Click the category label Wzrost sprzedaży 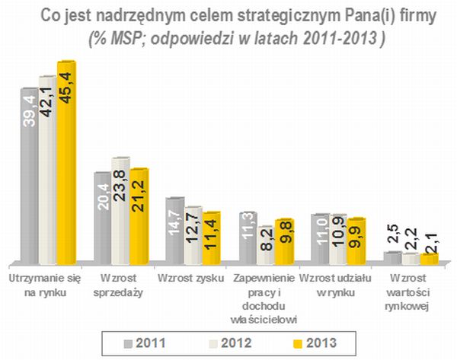point(118,285)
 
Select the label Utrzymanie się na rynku point(44,285)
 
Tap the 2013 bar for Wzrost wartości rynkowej point(429,260)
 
